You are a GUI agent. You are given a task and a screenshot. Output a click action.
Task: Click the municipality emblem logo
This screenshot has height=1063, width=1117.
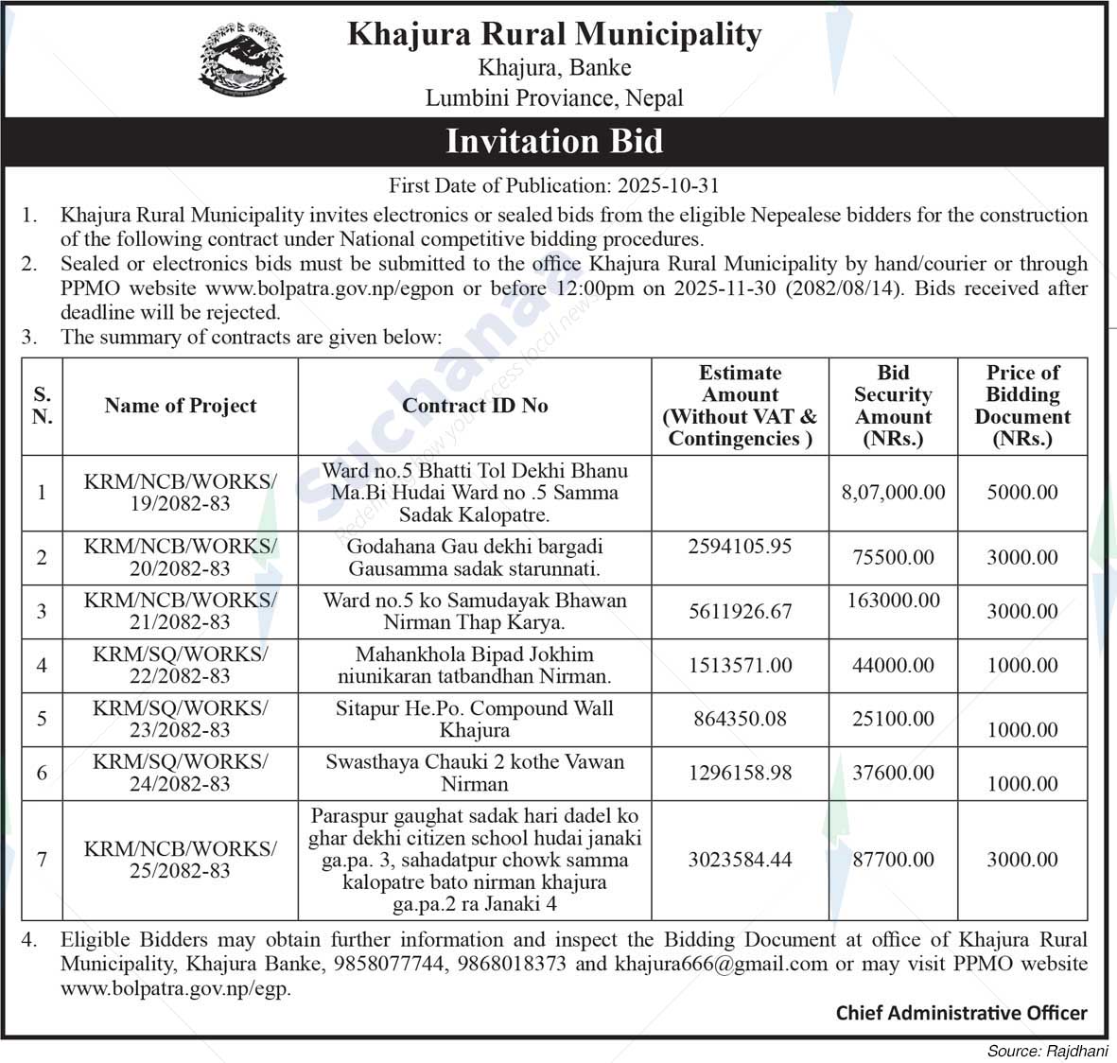(242, 60)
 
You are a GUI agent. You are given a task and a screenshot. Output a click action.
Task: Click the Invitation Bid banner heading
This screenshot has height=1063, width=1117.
(554, 141)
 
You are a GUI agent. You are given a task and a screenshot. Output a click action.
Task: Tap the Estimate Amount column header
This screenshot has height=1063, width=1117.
(740, 406)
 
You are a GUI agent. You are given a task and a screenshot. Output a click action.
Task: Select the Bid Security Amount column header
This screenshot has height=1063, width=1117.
(893, 406)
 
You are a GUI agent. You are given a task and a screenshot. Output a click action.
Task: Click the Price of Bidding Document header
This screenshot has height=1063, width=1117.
(1022, 406)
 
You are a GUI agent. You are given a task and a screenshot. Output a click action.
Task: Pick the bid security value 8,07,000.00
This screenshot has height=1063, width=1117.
(893, 493)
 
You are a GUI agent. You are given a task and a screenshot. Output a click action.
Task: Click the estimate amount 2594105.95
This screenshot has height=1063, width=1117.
(740, 547)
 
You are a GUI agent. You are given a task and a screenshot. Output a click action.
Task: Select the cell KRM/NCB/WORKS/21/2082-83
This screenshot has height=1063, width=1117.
(180, 611)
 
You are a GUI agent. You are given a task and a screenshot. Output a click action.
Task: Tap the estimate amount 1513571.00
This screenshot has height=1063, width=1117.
(740, 666)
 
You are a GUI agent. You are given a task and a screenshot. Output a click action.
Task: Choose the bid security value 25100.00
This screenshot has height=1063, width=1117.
(893, 720)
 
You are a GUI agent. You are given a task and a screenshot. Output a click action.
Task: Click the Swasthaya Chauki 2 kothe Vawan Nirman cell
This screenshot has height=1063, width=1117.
(475, 773)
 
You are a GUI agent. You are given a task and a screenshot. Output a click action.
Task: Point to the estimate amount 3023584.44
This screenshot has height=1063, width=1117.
(740, 861)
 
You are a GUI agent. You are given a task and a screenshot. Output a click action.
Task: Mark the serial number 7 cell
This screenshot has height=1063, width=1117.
(42, 860)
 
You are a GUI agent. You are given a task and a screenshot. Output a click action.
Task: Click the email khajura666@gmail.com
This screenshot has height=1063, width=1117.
(721, 965)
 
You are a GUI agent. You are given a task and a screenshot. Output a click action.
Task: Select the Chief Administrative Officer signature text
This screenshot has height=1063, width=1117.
(961, 1014)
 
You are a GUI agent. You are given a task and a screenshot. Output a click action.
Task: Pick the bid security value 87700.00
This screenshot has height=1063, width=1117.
(893, 861)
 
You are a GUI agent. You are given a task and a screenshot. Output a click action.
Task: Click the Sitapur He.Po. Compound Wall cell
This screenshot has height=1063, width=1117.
(475, 720)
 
